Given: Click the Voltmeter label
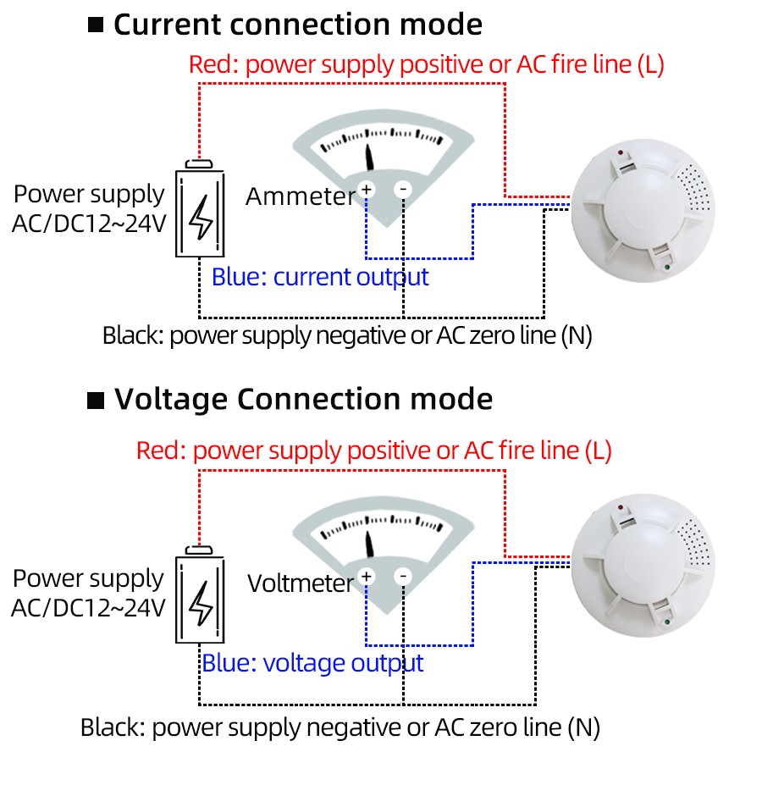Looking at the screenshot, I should [x=300, y=583].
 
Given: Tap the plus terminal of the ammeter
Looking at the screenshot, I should [x=367, y=190].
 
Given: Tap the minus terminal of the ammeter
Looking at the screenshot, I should [x=403, y=190].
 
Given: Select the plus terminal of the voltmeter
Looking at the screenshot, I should [x=367, y=577].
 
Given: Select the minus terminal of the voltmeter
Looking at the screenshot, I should [x=403, y=577].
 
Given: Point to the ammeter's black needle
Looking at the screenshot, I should [x=369, y=158].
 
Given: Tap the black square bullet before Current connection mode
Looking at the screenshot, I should [x=96, y=25].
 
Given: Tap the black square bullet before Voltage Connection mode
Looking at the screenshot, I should [x=97, y=399].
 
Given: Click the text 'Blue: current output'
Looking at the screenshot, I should [x=320, y=277].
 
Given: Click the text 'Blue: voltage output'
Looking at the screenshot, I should [x=312, y=663].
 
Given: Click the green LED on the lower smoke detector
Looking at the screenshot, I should [x=669, y=626].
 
